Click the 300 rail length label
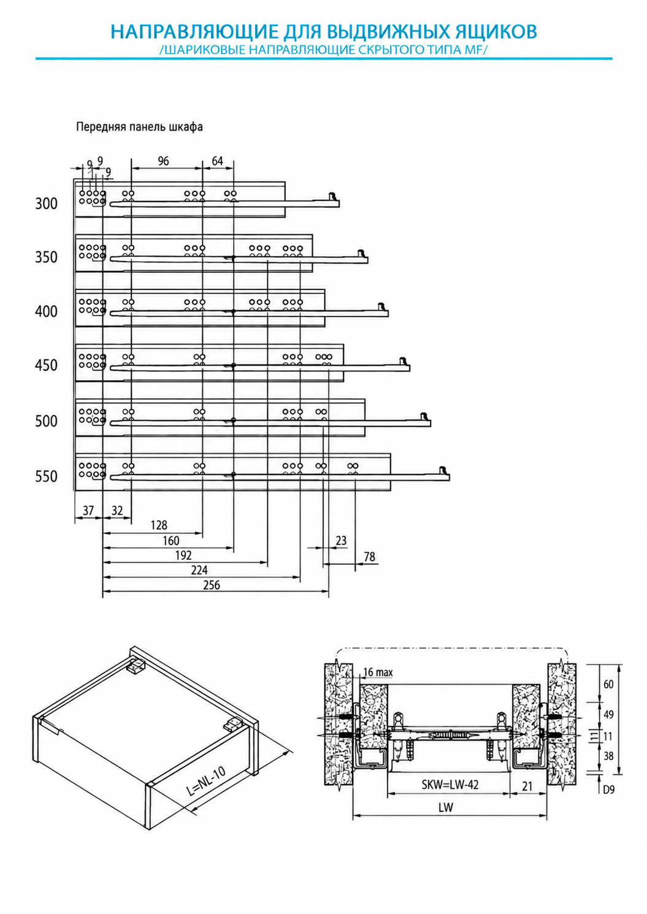47,204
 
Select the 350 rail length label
47,257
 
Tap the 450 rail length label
47,365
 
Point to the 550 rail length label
47,476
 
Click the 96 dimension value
163,161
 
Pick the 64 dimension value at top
218,161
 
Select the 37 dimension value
88,511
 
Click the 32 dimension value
117,511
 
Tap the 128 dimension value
159,525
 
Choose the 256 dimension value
212,585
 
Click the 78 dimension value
369,557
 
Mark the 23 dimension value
341,541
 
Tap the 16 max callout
378,672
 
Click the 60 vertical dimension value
608,684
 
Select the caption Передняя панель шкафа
140,127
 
